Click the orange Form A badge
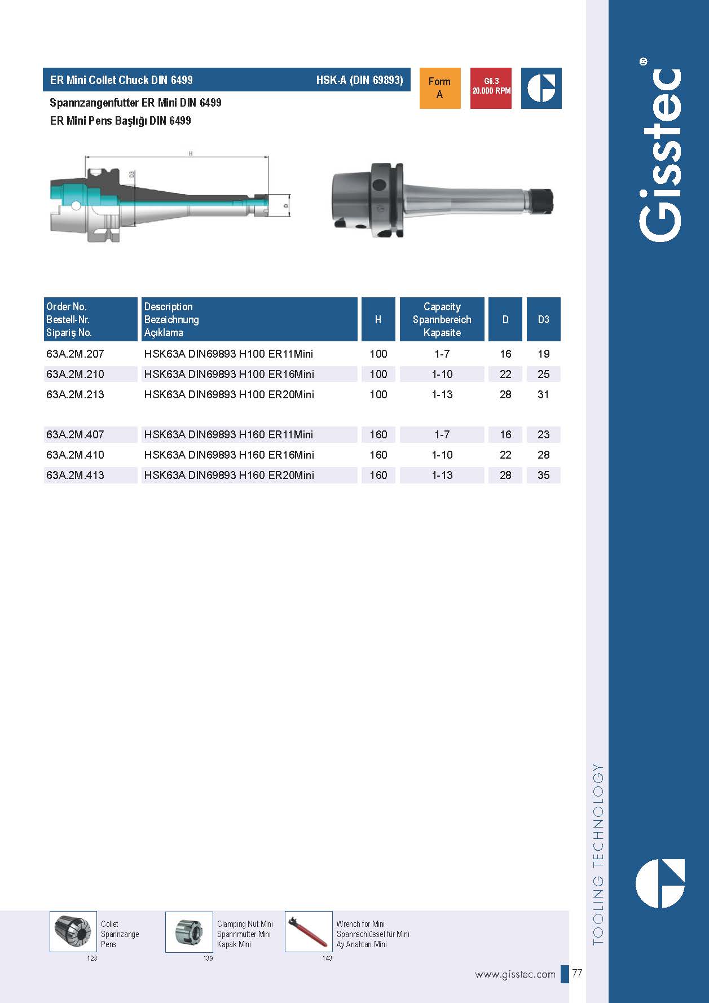(x=439, y=88)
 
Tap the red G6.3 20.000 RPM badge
(x=491, y=88)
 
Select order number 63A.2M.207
(x=75, y=354)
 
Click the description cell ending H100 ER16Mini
(x=229, y=374)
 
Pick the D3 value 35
(x=543, y=475)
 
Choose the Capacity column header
(x=442, y=319)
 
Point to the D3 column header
(x=543, y=319)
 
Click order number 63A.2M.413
(x=75, y=475)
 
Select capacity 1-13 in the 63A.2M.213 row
(x=442, y=394)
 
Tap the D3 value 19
(x=543, y=354)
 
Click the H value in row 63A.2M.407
(x=378, y=434)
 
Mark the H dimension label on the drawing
(x=191, y=153)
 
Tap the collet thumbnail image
(x=73, y=931)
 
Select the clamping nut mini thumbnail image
(x=188, y=931)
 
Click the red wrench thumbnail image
(x=309, y=931)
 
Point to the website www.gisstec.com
(x=515, y=974)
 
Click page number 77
(x=577, y=974)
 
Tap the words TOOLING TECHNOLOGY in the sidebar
(x=598, y=854)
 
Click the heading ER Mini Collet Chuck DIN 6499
(x=121, y=80)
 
